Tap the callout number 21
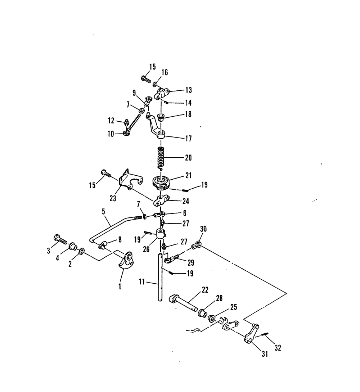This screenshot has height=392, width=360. (188, 176)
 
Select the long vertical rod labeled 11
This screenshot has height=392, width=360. (159, 277)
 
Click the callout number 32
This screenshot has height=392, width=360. (278, 348)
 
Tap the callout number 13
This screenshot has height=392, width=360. (189, 90)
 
